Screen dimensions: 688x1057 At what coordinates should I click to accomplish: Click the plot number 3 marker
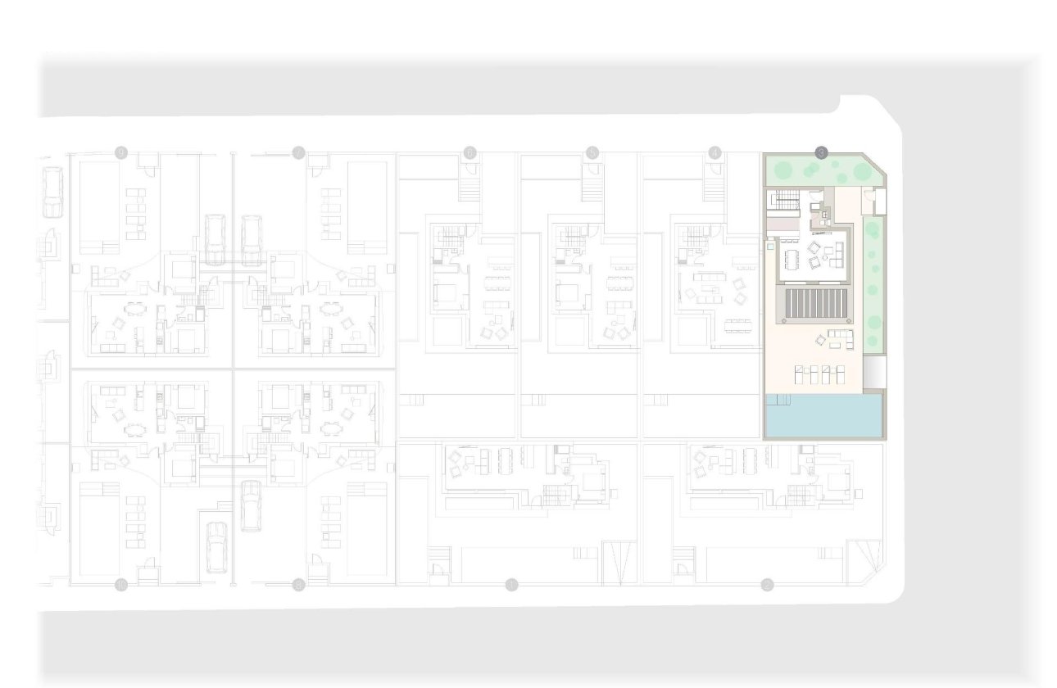click(x=821, y=152)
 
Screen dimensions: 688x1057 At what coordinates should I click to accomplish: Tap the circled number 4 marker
click(x=715, y=152)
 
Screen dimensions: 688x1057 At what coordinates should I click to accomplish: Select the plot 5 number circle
click(x=592, y=152)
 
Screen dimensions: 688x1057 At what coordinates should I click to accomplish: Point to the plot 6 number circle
click(x=470, y=152)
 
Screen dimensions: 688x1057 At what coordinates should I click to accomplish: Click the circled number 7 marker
click(x=298, y=152)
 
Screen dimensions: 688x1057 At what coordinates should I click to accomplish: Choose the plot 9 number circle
click(x=121, y=152)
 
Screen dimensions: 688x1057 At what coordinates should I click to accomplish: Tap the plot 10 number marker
click(x=121, y=584)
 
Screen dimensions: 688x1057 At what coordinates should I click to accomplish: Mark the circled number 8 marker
click(x=298, y=584)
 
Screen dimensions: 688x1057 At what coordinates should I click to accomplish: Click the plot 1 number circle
click(x=512, y=584)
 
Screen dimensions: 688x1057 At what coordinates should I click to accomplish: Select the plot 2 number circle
click(x=767, y=584)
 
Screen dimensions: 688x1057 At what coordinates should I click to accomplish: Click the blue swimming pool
click(x=823, y=417)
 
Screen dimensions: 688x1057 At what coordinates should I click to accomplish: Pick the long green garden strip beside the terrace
click(x=873, y=283)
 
